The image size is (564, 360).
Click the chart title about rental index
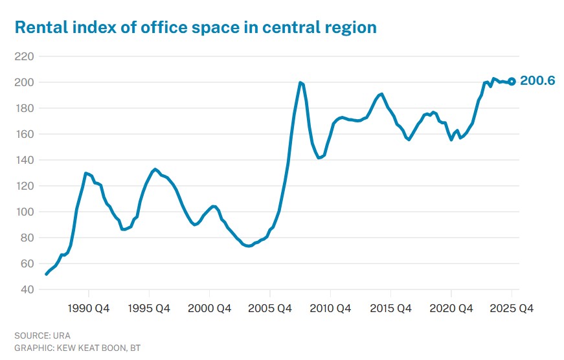pyautogui.click(x=195, y=27)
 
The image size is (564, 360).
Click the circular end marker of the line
pyautogui.click(x=512, y=82)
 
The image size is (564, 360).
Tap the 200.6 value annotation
pyautogui.click(x=537, y=82)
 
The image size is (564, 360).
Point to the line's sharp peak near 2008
pyautogui.click(x=300, y=83)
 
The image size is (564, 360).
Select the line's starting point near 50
pyautogui.click(x=46, y=275)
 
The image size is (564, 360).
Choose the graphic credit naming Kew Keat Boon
pyautogui.click(x=77, y=348)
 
